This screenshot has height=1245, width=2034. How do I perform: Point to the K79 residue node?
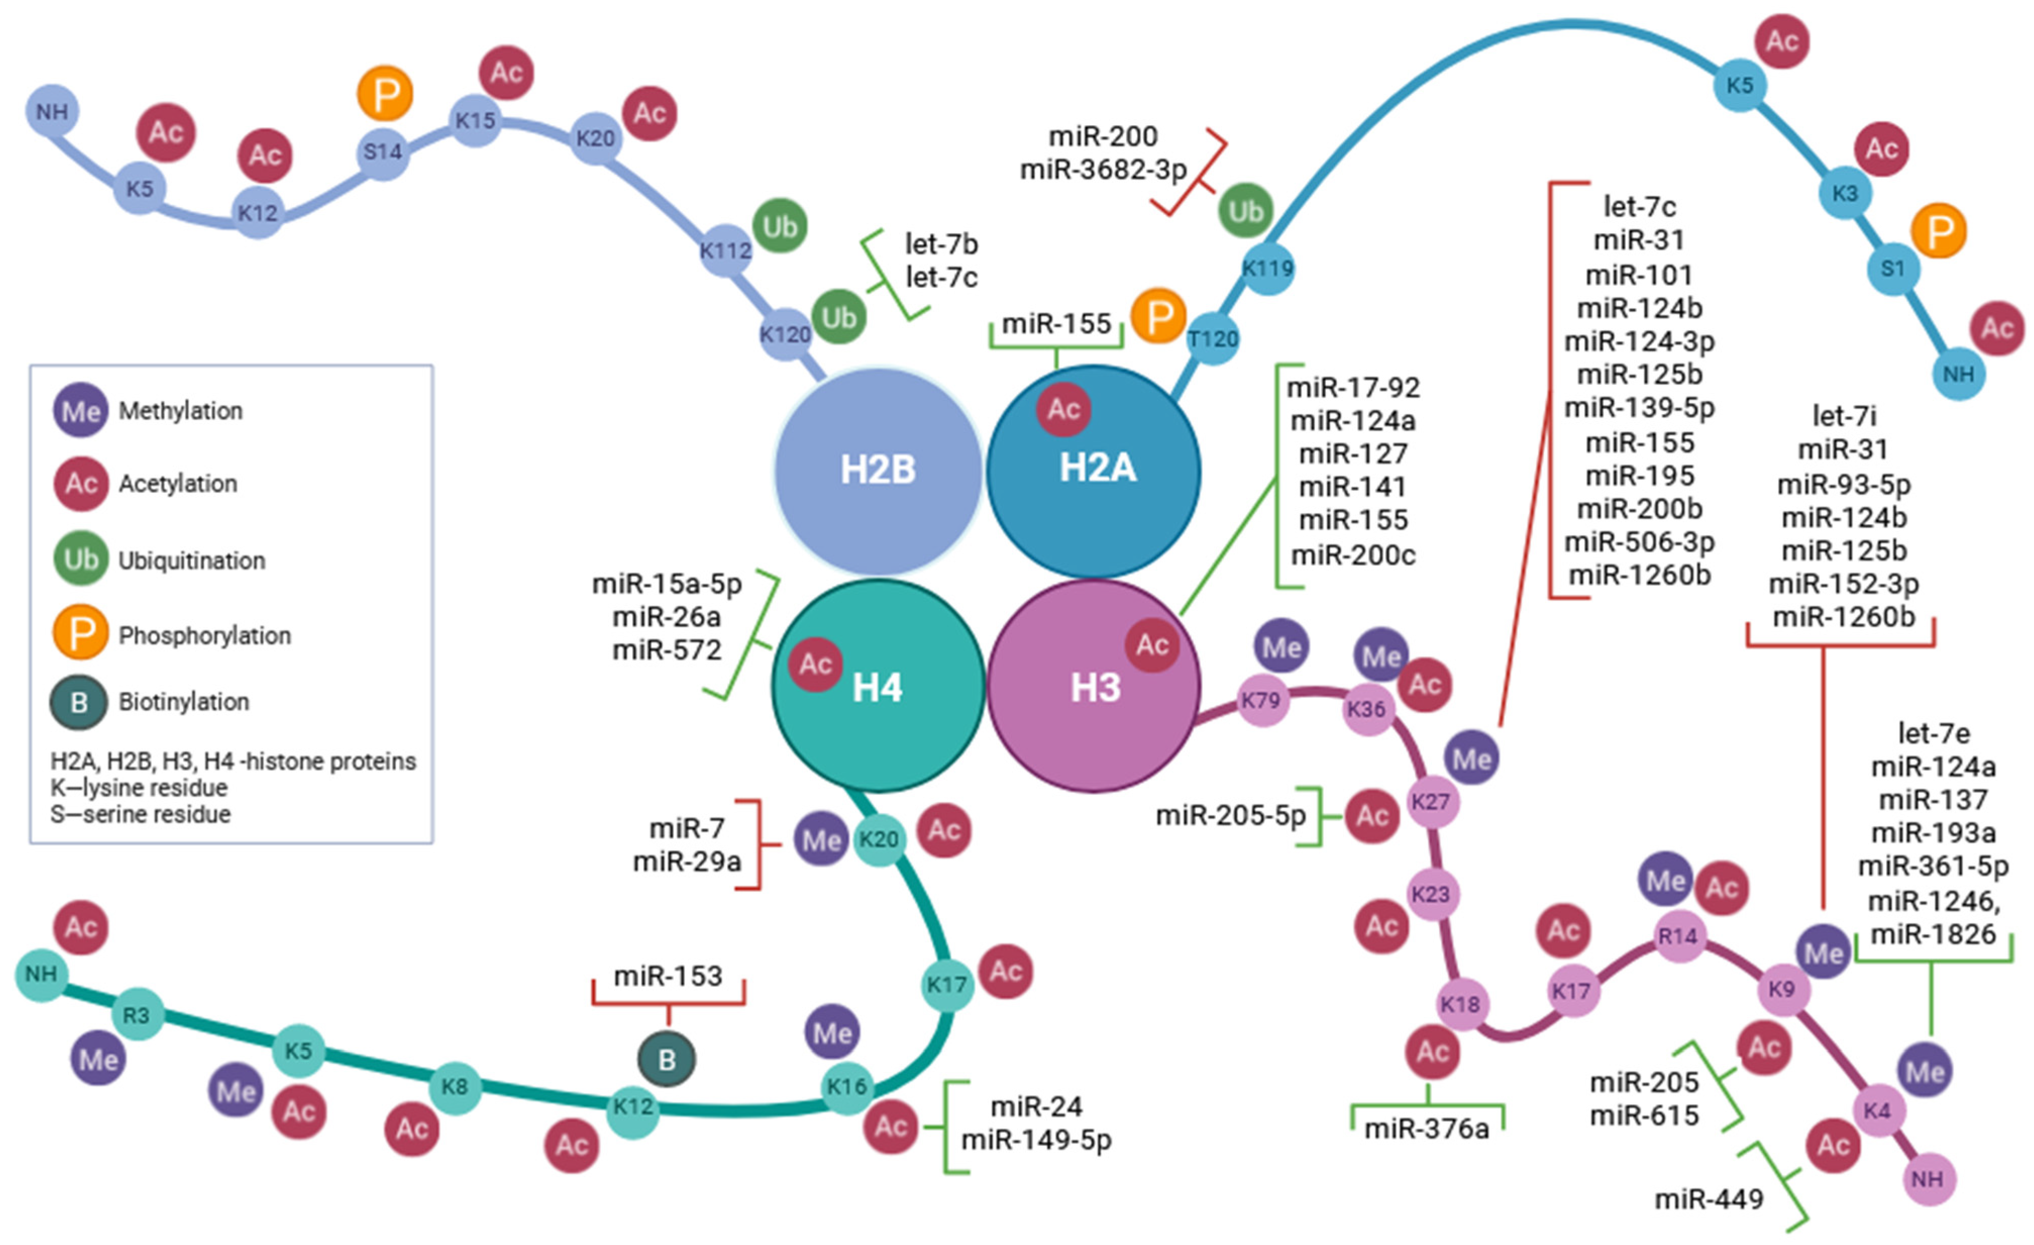(1260, 701)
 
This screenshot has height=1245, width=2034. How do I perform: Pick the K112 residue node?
(726, 250)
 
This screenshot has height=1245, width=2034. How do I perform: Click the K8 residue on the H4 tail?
(455, 1086)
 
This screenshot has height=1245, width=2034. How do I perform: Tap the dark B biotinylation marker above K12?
(667, 1059)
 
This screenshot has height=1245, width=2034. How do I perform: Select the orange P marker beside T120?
(1159, 316)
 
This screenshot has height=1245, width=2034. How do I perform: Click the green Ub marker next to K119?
(1246, 212)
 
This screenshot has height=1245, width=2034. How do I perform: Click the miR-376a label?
(1426, 1128)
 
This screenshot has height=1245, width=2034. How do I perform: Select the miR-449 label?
(1709, 1199)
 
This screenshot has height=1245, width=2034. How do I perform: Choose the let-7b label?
(941, 244)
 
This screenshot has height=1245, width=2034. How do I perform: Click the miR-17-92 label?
(1353, 387)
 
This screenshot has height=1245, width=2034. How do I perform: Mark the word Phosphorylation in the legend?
(205, 636)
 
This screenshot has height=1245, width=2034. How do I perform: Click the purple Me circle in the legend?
(80, 410)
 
